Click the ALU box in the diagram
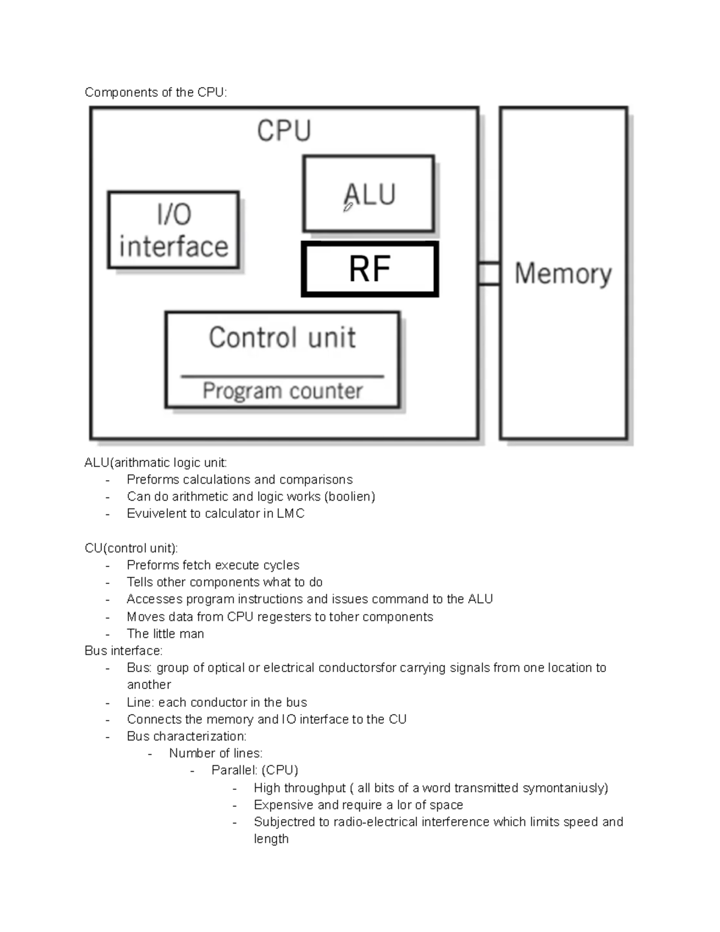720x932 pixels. tap(368, 193)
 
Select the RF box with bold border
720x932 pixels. tap(370, 269)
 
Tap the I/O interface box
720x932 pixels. tap(173, 230)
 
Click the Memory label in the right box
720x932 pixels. tap(563, 274)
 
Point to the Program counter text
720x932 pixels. tap(282, 391)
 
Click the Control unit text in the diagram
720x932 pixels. tap(282, 338)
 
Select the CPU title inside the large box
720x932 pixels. tap(284, 131)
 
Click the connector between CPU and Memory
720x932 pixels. tap(489, 274)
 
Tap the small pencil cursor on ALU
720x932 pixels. tap(348, 207)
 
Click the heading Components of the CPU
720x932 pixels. tap(156, 92)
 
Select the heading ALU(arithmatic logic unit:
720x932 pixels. tap(156, 463)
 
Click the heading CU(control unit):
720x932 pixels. tap(131, 548)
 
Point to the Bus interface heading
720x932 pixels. tap(124, 651)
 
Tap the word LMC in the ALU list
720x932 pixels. tap(290, 514)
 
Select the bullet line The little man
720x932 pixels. tap(165, 634)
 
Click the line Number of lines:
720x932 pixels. tap(215, 753)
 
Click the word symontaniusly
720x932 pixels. tap(565, 788)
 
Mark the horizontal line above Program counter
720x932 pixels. tap(282, 377)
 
